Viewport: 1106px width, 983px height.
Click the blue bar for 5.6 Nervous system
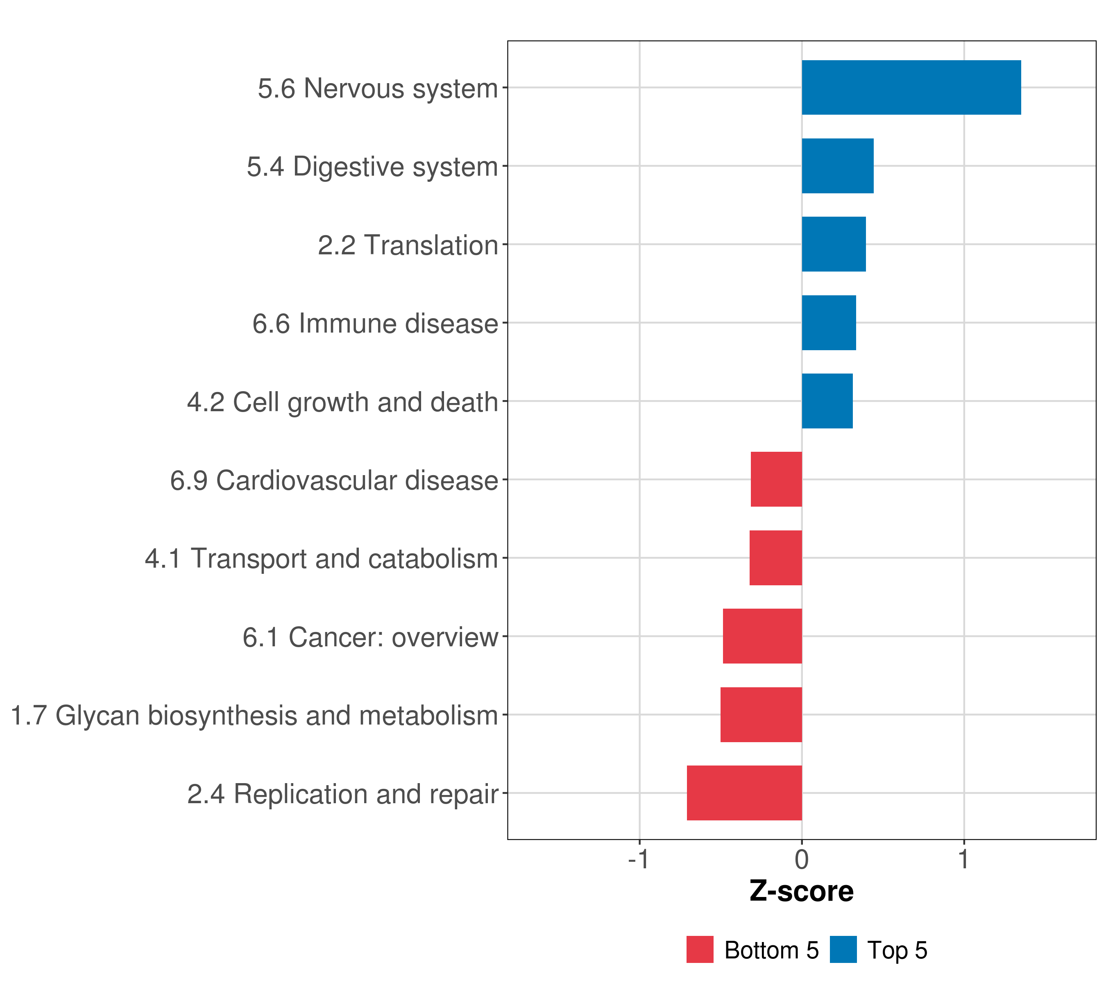click(x=911, y=88)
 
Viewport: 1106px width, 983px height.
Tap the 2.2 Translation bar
click(x=833, y=244)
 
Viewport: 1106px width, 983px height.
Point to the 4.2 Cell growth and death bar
click(x=827, y=401)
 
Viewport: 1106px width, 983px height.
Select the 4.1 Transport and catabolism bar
click(x=775, y=558)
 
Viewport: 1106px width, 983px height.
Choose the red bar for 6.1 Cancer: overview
click(x=762, y=636)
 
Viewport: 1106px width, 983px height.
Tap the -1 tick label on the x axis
click(x=639, y=859)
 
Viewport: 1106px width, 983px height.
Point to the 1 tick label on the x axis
click(x=963, y=859)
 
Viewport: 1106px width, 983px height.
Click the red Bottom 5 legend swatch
click(x=700, y=949)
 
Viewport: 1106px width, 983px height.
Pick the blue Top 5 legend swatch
click(x=843, y=949)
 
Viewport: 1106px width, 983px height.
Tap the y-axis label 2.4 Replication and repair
click(x=342, y=794)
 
